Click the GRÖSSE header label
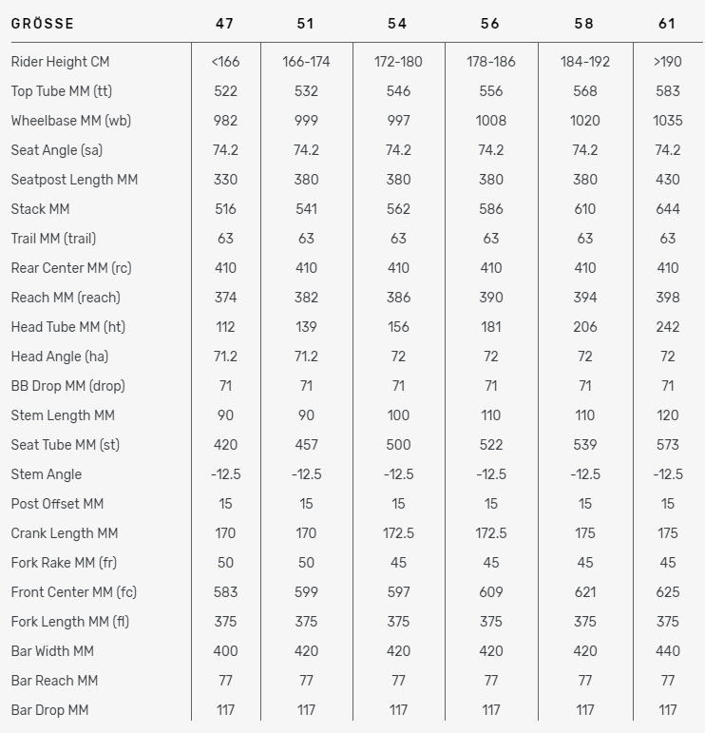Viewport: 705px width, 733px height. pyautogui.click(x=43, y=23)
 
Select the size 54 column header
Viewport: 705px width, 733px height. pyautogui.click(x=398, y=23)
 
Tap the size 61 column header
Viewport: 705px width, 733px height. pyautogui.click(x=667, y=23)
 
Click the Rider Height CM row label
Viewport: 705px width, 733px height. pyautogui.click(x=60, y=62)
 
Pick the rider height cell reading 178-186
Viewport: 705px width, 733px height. pyautogui.click(x=491, y=62)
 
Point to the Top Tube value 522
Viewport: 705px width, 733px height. pyautogui.click(x=225, y=91)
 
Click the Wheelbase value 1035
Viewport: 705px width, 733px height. pyautogui.click(x=667, y=121)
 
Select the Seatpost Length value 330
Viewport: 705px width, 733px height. pyautogui.click(x=225, y=180)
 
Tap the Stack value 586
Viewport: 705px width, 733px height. pyautogui.click(x=491, y=209)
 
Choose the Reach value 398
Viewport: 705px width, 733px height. pyautogui.click(x=667, y=298)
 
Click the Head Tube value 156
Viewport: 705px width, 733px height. pyautogui.click(x=398, y=327)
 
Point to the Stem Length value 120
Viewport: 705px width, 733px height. pyautogui.click(x=667, y=415)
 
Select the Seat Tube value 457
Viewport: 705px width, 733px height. pyautogui.click(x=306, y=445)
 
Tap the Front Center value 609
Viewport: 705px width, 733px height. pyautogui.click(x=491, y=592)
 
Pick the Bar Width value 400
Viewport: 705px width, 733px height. pyautogui.click(x=225, y=651)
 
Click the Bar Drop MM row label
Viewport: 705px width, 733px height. pyautogui.click(x=49, y=710)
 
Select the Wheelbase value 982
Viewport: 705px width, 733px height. pyautogui.click(x=225, y=121)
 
